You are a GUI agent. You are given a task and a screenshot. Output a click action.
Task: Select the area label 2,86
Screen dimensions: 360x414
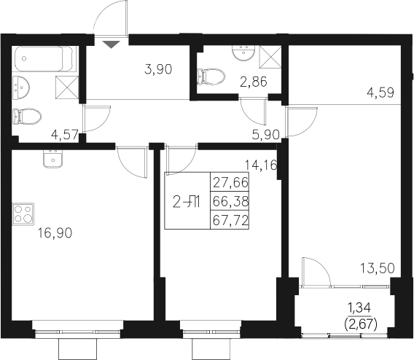click(x=254, y=81)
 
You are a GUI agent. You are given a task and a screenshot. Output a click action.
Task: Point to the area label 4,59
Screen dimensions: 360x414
click(x=379, y=93)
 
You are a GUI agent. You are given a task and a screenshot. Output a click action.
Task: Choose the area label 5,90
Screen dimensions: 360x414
click(x=265, y=133)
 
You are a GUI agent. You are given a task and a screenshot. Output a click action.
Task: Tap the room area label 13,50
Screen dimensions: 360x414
click(x=379, y=267)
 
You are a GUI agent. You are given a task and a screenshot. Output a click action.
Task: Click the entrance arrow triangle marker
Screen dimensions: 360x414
click(x=110, y=44)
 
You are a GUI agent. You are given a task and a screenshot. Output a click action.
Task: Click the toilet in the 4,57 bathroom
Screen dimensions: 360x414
click(x=26, y=115)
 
